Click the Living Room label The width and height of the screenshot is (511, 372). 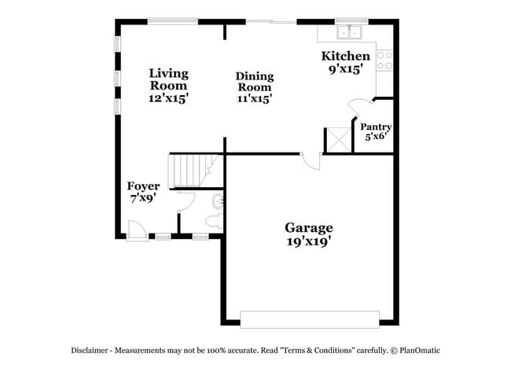coord(169,79)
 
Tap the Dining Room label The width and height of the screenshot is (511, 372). coord(255,82)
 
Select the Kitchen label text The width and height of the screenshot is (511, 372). coord(345,57)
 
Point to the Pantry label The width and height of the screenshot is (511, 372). coord(376,127)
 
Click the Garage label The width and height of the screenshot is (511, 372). coord(308,228)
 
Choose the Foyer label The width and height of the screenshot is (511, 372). coord(143,186)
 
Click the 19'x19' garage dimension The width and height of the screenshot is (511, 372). coord(308,241)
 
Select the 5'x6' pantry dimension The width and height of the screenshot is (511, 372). coord(376,137)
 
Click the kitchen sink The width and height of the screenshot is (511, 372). coord(348,32)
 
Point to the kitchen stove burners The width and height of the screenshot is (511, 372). coord(384,61)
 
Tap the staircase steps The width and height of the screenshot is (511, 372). coord(188,169)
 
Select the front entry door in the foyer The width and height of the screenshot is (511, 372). coord(136,230)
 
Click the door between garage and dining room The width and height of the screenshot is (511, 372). coord(312,160)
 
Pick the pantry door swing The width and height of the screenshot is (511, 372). coord(358,107)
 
